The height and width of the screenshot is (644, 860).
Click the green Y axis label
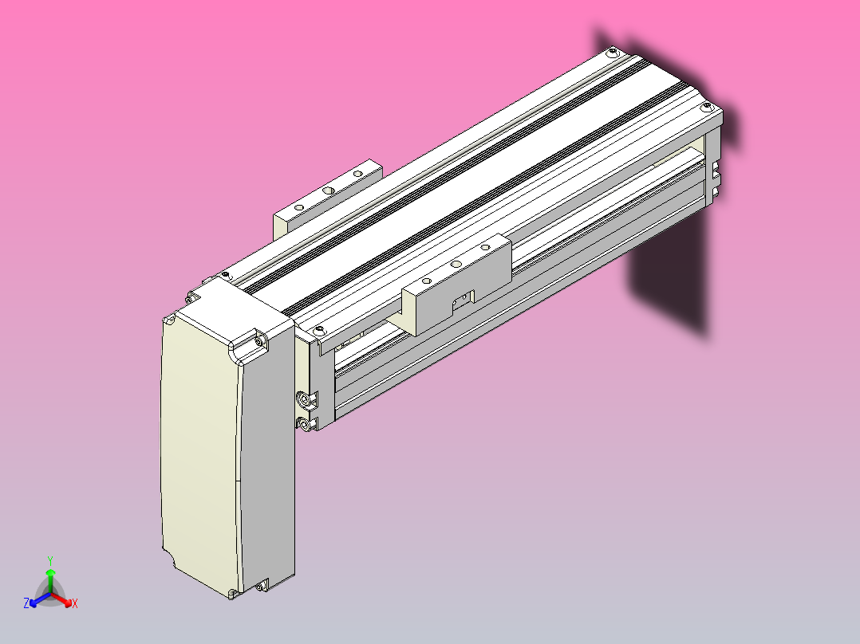click(49, 560)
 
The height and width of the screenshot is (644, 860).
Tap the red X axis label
click(75, 604)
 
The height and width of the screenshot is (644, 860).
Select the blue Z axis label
click(26, 604)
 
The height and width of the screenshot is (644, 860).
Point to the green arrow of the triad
click(49, 575)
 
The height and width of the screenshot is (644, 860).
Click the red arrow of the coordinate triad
click(64, 599)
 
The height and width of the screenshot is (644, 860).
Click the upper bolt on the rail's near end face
click(304, 398)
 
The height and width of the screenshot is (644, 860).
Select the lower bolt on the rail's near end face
click(305, 425)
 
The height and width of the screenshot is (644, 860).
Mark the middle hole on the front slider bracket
click(455, 264)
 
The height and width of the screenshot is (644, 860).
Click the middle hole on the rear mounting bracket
click(327, 191)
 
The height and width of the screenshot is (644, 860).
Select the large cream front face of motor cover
click(199, 446)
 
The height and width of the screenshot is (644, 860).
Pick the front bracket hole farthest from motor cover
click(483, 247)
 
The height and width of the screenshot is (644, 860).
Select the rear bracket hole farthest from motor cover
click(357, 173)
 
